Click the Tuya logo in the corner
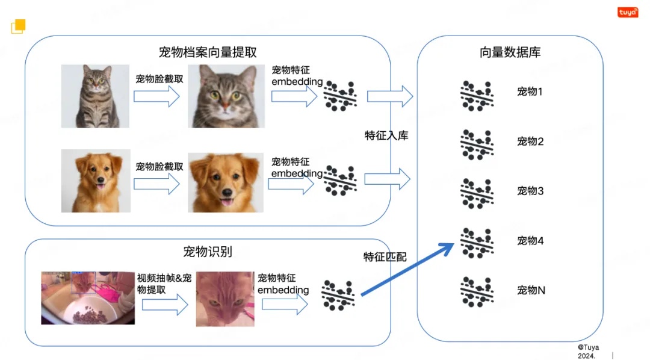(628, 12)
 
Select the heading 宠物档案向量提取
(208, 52)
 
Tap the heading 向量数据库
(510, 52)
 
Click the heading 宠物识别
(208, 251)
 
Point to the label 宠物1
(530, 92)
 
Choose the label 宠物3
(530, 191)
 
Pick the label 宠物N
(531, 290)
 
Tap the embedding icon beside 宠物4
(477, 243)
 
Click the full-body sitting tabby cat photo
(95, 96)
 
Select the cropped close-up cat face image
(226, 96)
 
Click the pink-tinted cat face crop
(224, 299)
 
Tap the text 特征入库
(386, 135)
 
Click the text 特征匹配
(385, 257)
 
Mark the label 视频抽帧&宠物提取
(164, 284)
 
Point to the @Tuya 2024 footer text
(589, 351)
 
